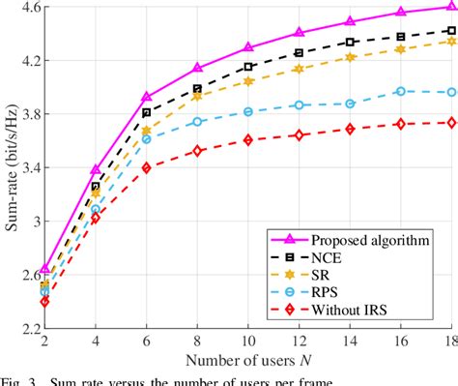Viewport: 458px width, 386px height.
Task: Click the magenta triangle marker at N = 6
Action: (146, 97)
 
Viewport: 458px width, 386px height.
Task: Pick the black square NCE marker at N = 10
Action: (247, 67)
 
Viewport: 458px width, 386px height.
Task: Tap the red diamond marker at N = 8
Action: (197, 151)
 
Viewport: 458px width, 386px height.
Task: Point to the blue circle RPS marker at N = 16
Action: (399, 91)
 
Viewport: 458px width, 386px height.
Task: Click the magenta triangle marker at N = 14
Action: (349, 21)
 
